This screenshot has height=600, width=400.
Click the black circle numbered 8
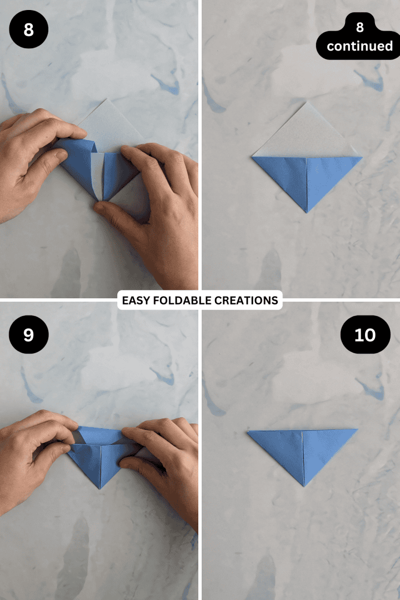coord(29,29)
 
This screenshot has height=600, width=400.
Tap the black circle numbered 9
coord(29,334)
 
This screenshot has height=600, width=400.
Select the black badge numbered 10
coord(365,334)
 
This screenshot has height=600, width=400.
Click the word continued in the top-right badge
coord(359,46)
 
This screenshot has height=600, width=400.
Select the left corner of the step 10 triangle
coord(248,431)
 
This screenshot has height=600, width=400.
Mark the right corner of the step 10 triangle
coord(357,429)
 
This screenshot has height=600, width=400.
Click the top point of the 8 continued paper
coord(306,102)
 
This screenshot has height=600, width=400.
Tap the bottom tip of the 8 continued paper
coord(306,212)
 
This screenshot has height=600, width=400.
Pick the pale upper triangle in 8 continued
coord(306,133)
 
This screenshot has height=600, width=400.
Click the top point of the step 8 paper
coord(109,99)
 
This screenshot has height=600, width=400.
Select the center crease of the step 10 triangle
coord(303,456)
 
